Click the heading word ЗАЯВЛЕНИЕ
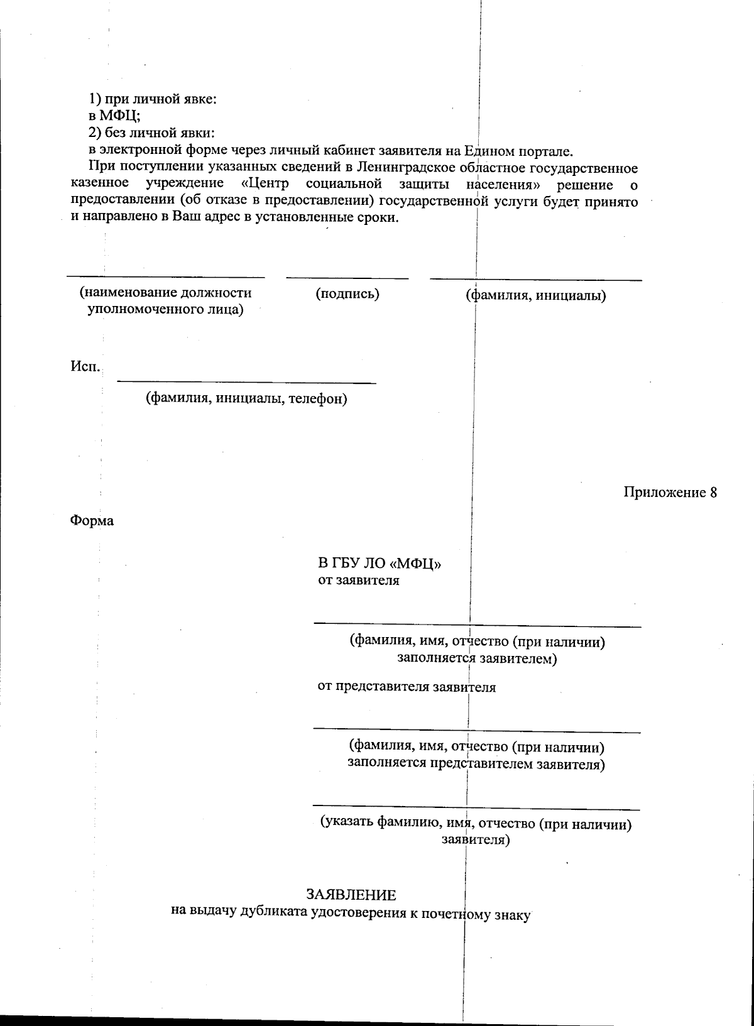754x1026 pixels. [351, 894]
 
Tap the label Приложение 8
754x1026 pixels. [670, 492]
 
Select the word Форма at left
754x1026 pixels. [92, 521]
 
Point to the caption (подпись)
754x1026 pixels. [347, 293]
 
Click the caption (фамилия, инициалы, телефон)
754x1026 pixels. [246, 398]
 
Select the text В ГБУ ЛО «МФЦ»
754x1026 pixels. [379, 563]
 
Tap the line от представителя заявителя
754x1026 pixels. [406, 687]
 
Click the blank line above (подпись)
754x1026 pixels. [347, 278]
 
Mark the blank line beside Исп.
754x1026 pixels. [246, 382]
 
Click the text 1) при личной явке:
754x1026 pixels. [152, 99]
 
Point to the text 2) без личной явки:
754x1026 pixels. [151, 133]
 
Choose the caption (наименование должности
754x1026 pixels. [165, 293]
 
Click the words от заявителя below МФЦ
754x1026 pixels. [358, 580]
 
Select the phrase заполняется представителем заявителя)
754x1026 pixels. [476, 764]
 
